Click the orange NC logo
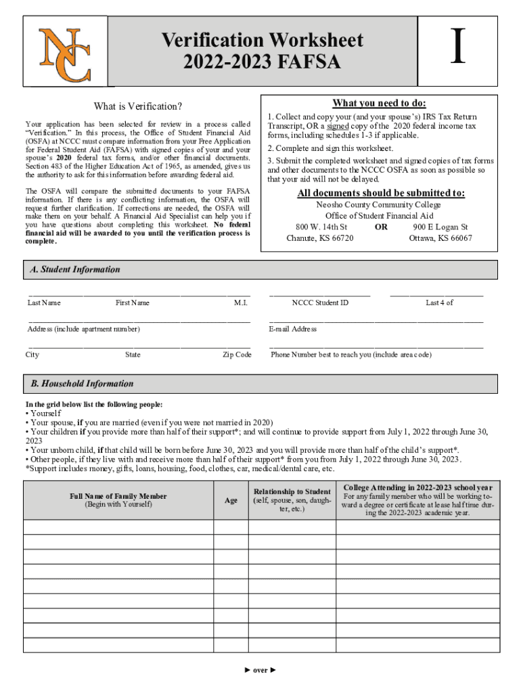65,53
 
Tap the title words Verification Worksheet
262,40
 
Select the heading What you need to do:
379,103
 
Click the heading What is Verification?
138,106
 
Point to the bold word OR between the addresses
381,227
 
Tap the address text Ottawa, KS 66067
440,238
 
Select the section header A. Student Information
75,269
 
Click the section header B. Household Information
82,384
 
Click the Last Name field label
44,303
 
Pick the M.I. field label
240,303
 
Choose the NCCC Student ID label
320,303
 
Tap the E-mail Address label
292,329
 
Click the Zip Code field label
237,355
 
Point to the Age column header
231,500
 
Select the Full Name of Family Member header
118,496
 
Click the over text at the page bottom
260,670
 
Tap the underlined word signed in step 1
337,126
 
